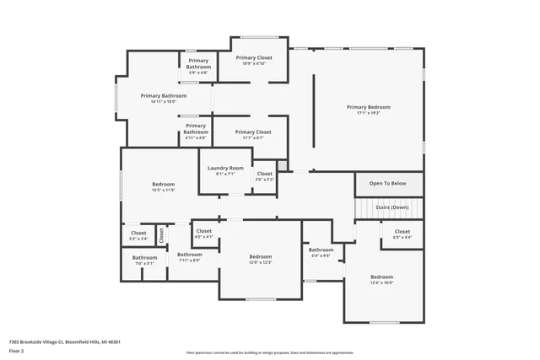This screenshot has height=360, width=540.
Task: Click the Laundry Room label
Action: click(x=225, y=168)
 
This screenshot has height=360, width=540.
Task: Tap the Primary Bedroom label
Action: click(x=369, y=107)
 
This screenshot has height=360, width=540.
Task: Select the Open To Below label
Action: click(x=388, y=183)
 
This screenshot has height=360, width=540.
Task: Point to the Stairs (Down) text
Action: click(x=393, y=207)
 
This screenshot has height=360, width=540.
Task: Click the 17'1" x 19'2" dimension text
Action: click(x=369, y=113)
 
